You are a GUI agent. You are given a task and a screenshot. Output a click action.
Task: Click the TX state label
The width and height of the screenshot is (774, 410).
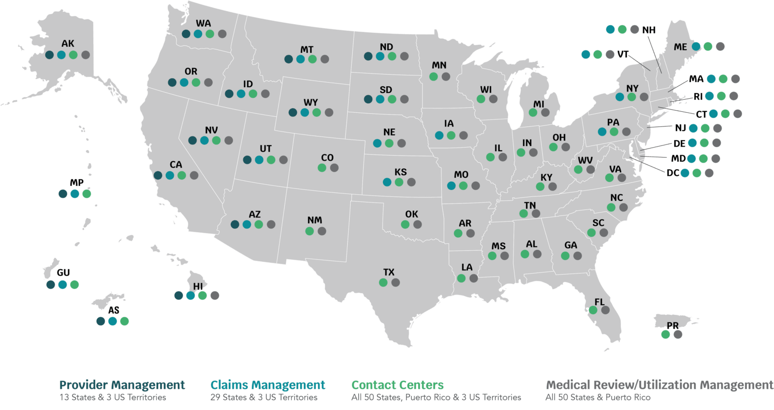tap(389, 272)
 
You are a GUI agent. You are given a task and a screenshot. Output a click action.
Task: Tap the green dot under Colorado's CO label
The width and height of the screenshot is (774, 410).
tap(322, 168)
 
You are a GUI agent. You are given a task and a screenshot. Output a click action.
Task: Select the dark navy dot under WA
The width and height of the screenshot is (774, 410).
tap(186, 34)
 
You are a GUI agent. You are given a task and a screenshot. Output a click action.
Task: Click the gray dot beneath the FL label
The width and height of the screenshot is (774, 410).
tap(605, 310)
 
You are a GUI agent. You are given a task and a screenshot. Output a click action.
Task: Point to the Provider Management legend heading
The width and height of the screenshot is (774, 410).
tap(122, 385)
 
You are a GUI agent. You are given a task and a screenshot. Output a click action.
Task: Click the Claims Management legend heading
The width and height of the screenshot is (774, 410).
tap(268, 385)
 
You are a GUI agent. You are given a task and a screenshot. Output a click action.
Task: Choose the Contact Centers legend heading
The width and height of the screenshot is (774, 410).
tap(398, 385)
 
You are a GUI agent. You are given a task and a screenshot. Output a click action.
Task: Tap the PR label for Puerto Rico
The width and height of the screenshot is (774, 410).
tap(672, 326)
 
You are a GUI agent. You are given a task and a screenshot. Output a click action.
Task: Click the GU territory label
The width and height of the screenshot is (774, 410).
tap(63, 273)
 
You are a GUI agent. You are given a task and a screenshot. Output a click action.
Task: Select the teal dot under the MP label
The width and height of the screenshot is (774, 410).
tap(75, 193)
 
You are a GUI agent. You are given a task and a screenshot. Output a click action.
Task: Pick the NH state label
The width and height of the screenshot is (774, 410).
tap(649, 30)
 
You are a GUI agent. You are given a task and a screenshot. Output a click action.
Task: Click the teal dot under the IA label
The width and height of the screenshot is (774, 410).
tap(439, 135)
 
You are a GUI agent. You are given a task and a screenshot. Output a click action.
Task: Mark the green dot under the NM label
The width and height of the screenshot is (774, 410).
tap(309, 231)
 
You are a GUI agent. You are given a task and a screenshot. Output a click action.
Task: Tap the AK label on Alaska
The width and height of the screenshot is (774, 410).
tap(68, 44)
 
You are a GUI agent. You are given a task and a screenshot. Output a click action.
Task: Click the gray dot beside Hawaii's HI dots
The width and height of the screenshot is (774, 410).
tap(215, 295)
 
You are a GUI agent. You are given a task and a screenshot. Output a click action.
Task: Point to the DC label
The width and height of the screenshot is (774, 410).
tap(673, 173)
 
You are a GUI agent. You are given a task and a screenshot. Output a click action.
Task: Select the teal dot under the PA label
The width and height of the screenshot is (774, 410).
tap(602, 132)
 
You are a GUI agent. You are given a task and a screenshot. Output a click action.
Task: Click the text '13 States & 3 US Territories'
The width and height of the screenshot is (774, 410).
tap(112, 397)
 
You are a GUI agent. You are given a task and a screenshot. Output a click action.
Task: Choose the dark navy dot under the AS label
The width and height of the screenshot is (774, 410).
tap(101, 321)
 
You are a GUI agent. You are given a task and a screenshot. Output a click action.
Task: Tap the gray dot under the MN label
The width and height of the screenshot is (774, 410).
tap(446, 77)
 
